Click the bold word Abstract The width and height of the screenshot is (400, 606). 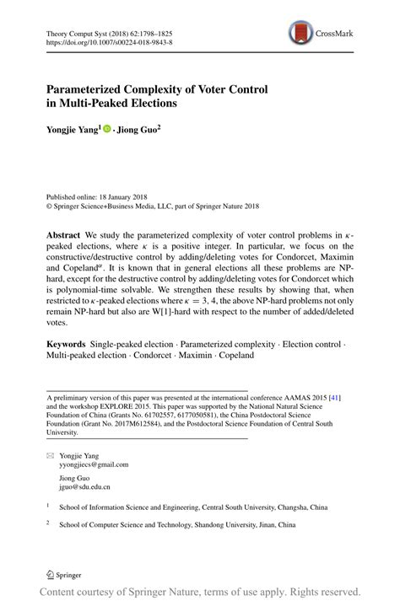tap(62, 233)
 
